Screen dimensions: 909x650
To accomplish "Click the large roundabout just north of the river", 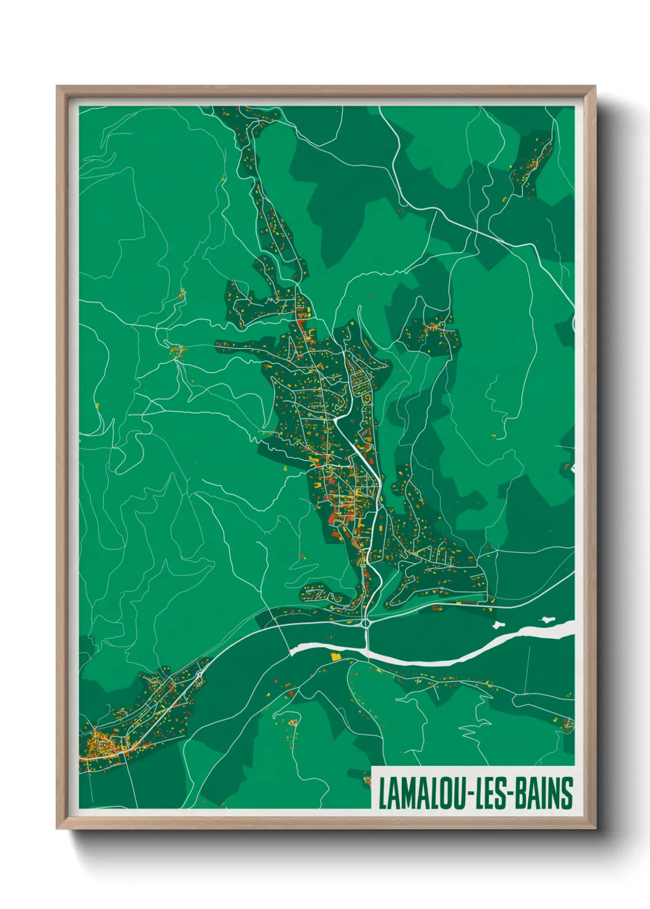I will click(x=367, y=623).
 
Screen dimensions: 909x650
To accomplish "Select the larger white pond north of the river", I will click(x=499, y=625).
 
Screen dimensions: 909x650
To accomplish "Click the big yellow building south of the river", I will click(x=335, y=657).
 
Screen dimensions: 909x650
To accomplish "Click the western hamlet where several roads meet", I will click(x=178, y=351).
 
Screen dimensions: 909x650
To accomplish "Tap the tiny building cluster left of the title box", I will click(x=367, y=780).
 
